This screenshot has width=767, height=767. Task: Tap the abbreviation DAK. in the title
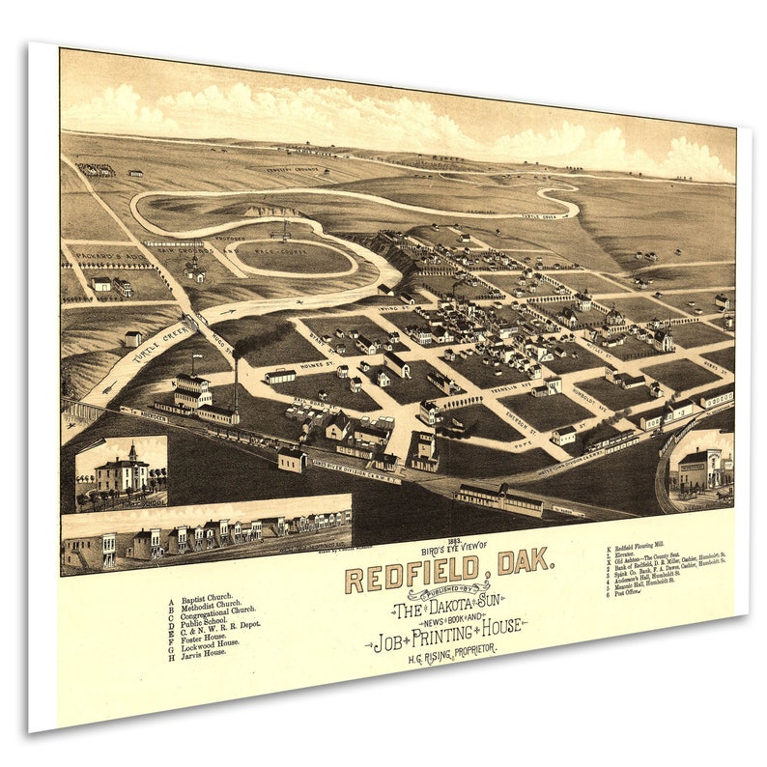click(522, 561)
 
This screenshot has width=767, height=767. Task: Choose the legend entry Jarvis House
click(206, 652)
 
